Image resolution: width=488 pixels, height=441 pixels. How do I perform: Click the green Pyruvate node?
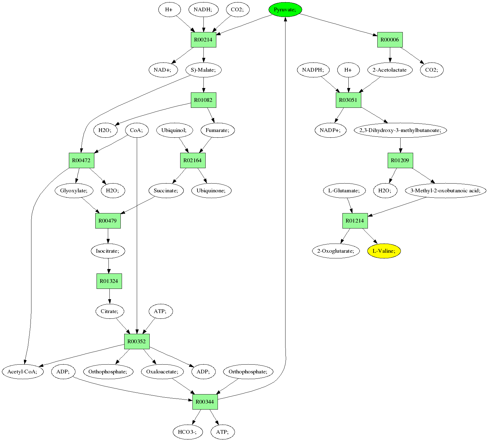(285, 10)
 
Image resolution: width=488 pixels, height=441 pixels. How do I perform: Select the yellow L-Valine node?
(384, 251)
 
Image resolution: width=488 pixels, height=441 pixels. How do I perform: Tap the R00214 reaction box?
(203, 40)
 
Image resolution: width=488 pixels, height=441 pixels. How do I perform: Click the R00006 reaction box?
(390, 40)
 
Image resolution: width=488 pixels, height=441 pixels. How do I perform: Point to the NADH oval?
(203, 10)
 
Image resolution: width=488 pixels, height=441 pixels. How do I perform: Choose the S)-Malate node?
(203, 70)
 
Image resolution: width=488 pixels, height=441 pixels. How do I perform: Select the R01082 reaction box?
(203, 100)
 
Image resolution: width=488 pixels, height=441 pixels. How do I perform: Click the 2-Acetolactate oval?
(390, 70)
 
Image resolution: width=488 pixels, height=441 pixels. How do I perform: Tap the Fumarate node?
(218, 130)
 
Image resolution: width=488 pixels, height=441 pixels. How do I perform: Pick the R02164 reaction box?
(192, 160)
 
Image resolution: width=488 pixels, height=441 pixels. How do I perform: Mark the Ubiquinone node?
(211, 190)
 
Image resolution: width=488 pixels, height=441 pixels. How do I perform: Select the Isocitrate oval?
(108, 251)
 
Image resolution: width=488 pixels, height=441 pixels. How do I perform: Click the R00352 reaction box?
(137, 341)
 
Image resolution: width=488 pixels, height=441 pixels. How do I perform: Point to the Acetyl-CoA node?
(22, 372)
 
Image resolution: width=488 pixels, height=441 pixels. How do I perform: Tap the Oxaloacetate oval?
(162, 372)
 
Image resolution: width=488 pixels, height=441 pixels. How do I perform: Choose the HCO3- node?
(187, 432)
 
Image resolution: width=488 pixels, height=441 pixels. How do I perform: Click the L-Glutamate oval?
(344, 190)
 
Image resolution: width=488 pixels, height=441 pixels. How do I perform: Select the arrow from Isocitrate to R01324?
(108, 266)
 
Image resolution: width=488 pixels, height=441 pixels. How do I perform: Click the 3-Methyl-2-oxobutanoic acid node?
(446, 190)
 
